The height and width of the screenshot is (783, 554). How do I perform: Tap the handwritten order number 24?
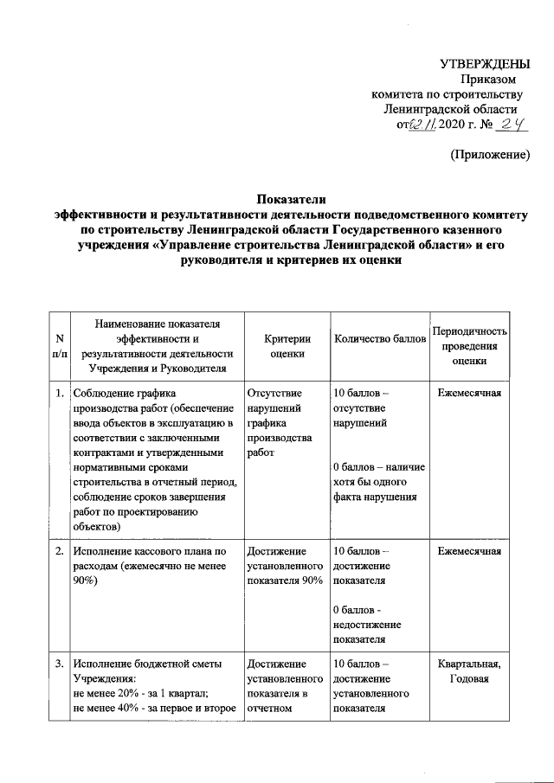[511, 126]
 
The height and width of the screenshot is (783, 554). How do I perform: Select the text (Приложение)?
[489, 155]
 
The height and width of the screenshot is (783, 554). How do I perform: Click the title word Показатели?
[276, 198]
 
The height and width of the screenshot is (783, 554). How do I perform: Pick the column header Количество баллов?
[380, 338]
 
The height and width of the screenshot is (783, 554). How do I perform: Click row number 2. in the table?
[58, 550]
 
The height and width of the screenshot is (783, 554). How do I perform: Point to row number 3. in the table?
[58, 664]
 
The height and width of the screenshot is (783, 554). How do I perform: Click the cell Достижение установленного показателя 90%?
[285, 565]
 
